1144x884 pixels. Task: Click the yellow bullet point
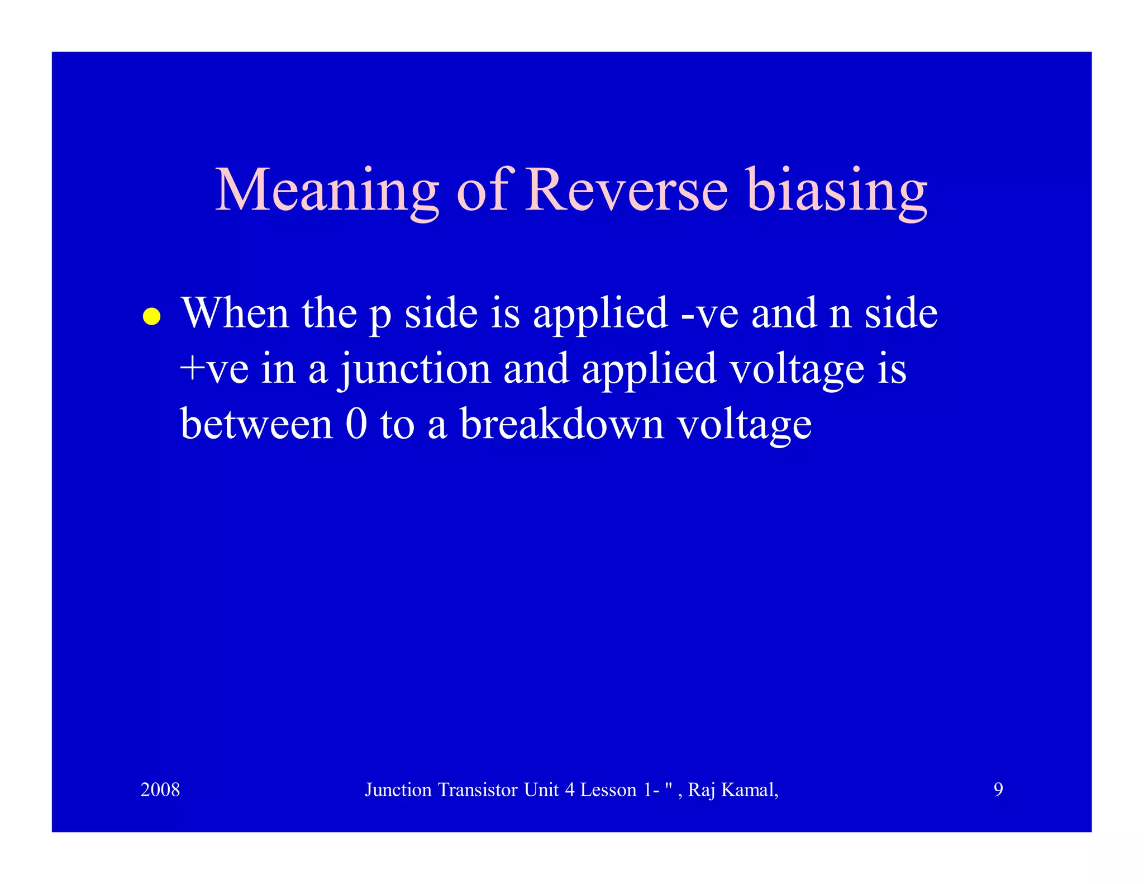click(x=151, y=317)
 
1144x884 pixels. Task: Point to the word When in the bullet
click(x=235, y=313)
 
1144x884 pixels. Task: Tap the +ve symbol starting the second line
click(x=214, y=369)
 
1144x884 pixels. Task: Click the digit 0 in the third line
click(x=356, y=424)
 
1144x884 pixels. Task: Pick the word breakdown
click(x=562, y=424)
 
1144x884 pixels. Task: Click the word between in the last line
click(x=256, y=424)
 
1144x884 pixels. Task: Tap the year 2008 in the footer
click(x=160, y=790)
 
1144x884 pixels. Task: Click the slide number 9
click(x=998, y=790)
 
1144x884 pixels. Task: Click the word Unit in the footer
click(x=541, y=790)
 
